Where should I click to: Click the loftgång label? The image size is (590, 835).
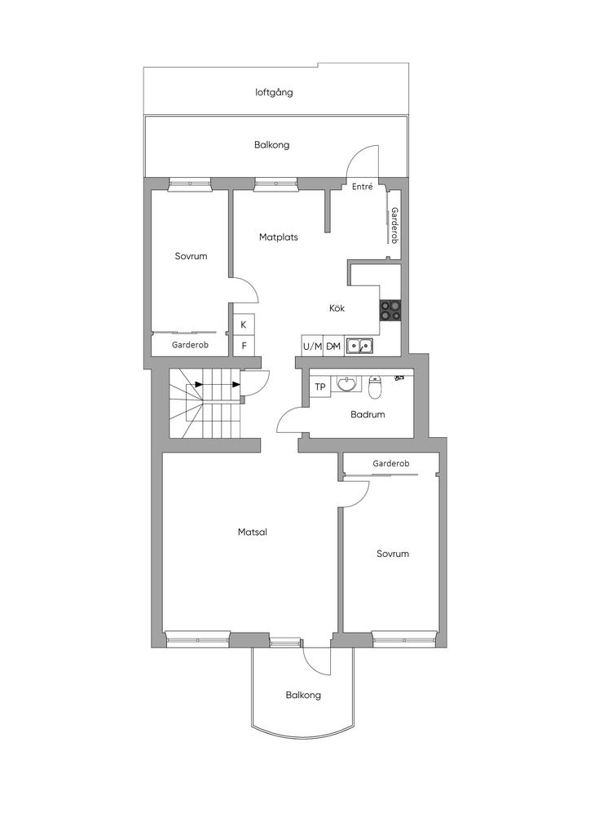(274, 93)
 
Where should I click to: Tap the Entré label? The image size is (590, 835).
(363, 187)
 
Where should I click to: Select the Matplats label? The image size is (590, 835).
(278, 237)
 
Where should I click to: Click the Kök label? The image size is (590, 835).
(337, 307)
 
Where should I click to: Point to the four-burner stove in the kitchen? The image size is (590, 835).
(390, 311)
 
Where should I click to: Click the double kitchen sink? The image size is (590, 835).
(359, 346)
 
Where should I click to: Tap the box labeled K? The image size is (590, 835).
(244, 325)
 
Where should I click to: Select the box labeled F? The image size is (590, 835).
(244, 346)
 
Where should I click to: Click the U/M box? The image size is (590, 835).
(312, 346)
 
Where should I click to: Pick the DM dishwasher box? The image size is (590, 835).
(333, 346)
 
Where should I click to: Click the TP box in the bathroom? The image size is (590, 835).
(320, 387)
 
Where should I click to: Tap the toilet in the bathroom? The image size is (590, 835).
(375, 387)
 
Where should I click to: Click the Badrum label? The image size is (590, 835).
(368, 414)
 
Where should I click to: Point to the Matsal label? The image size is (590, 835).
(253, 532)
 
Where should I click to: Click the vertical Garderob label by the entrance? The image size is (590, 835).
(394, 225)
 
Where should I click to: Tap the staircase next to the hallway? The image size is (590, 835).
(205, 403)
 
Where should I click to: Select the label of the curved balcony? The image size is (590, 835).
(303, 695)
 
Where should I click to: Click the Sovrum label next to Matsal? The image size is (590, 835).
(393, 554)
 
